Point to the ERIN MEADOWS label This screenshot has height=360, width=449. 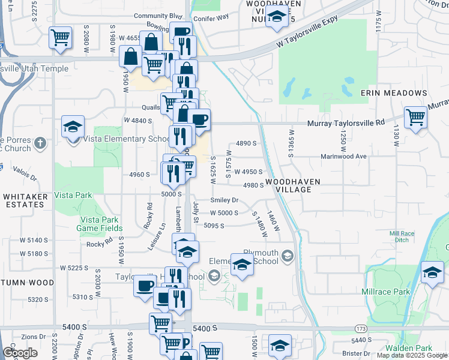[x=394, y=93]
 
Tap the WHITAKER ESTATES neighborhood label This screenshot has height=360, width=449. [x=24, y=200]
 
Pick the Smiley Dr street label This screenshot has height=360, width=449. [x=224, y=200]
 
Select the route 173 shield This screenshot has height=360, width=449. [x=360, y=329]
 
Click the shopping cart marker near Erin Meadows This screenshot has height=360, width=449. [x=415, y=117]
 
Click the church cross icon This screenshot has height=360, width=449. [x=40, y=143]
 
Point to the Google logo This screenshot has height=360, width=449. [x=20, y=353]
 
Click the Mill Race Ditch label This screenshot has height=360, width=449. [x=402, y=236]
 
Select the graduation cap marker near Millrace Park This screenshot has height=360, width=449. [x=432, y=272]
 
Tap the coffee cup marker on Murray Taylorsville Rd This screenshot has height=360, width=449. [x=199, y=119]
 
